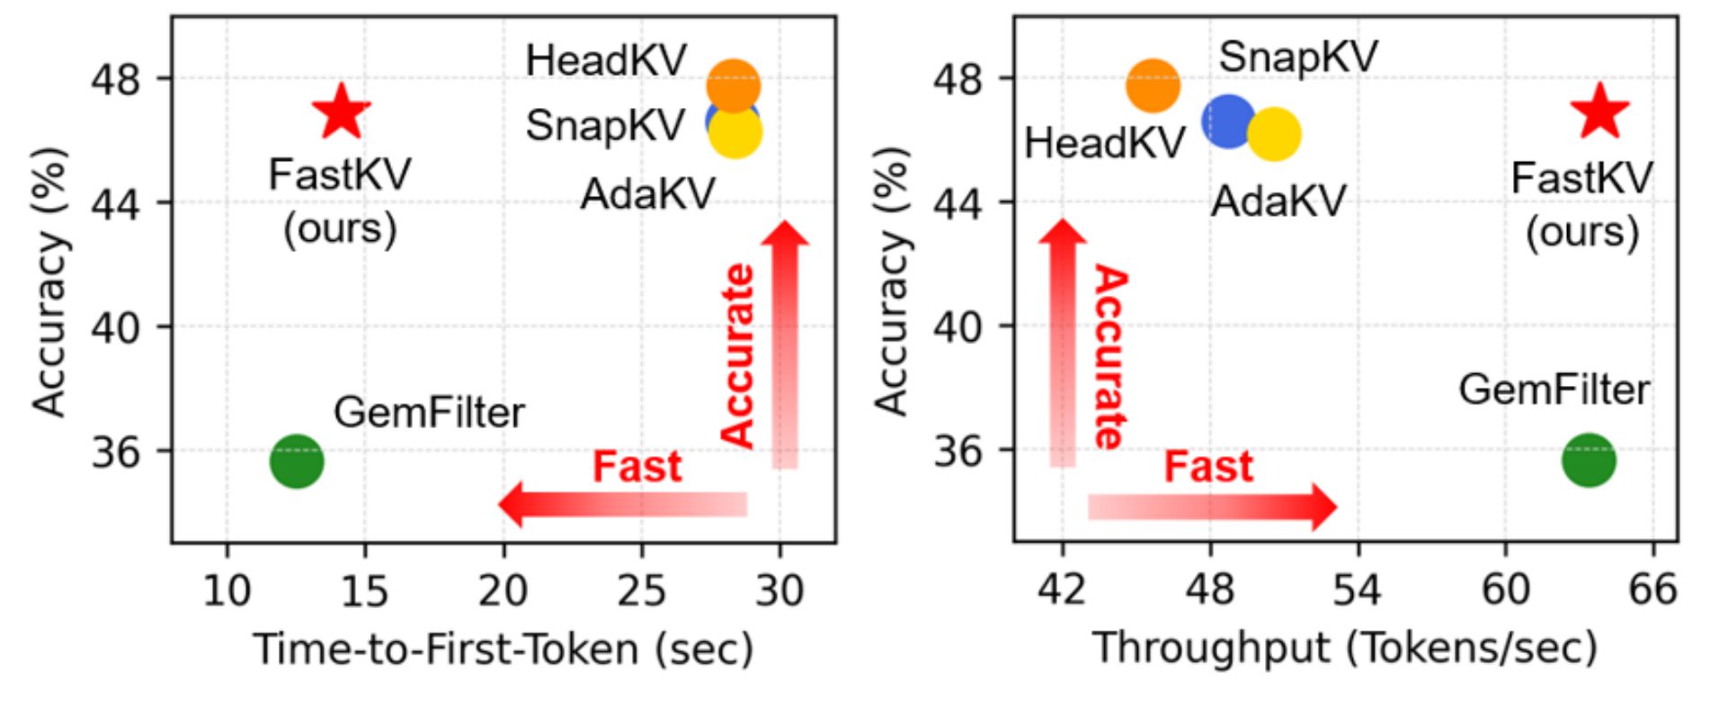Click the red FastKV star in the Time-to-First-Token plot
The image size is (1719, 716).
pyautogui.click(x=342, y=113)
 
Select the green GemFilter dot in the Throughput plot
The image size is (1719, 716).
pyautogui.click(x=1589, y=461)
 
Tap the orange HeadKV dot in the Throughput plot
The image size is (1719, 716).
pyautogui.click(x=1153, y=85)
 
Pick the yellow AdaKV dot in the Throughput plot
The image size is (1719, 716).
pyautogui.click(x=1274, y=134)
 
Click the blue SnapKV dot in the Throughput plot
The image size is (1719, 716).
pyautogui.click(x=1227, y=121)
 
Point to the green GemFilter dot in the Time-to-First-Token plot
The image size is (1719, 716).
pyautogui.click(x=296, y=461)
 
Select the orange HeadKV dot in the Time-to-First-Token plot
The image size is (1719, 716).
pyautogui.click(x=734, y=85)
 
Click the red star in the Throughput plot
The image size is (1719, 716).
pyautogui.click(x=1600, y=113)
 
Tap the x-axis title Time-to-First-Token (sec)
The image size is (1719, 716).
pyautogui.click(x=503, y=649)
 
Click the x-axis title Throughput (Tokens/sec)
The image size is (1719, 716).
pyautogui.click(x=1345, y=649)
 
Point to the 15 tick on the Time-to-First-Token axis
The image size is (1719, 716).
pyautogui.click(x=364, y=591)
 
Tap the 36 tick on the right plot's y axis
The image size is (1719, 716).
pyautogui.click(x=957, y=451)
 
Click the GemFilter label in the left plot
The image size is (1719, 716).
pyautogui.click(x=429, y=413)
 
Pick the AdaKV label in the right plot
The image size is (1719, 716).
pyautogui.click(x=1278, y=201)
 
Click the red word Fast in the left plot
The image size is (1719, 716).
pyautogui.click(x=637, y=467)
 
